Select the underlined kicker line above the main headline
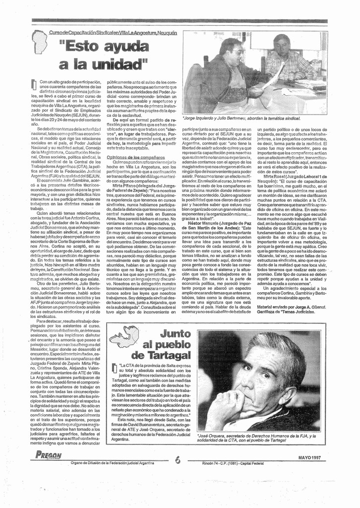pyautogui.click(x=113, y=32)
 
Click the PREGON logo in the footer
pyautogui.click(x=49, y=456)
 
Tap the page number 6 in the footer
pyautogui.click(x=178, y=460)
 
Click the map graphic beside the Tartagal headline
pyautogui.click(x=124, y=337)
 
